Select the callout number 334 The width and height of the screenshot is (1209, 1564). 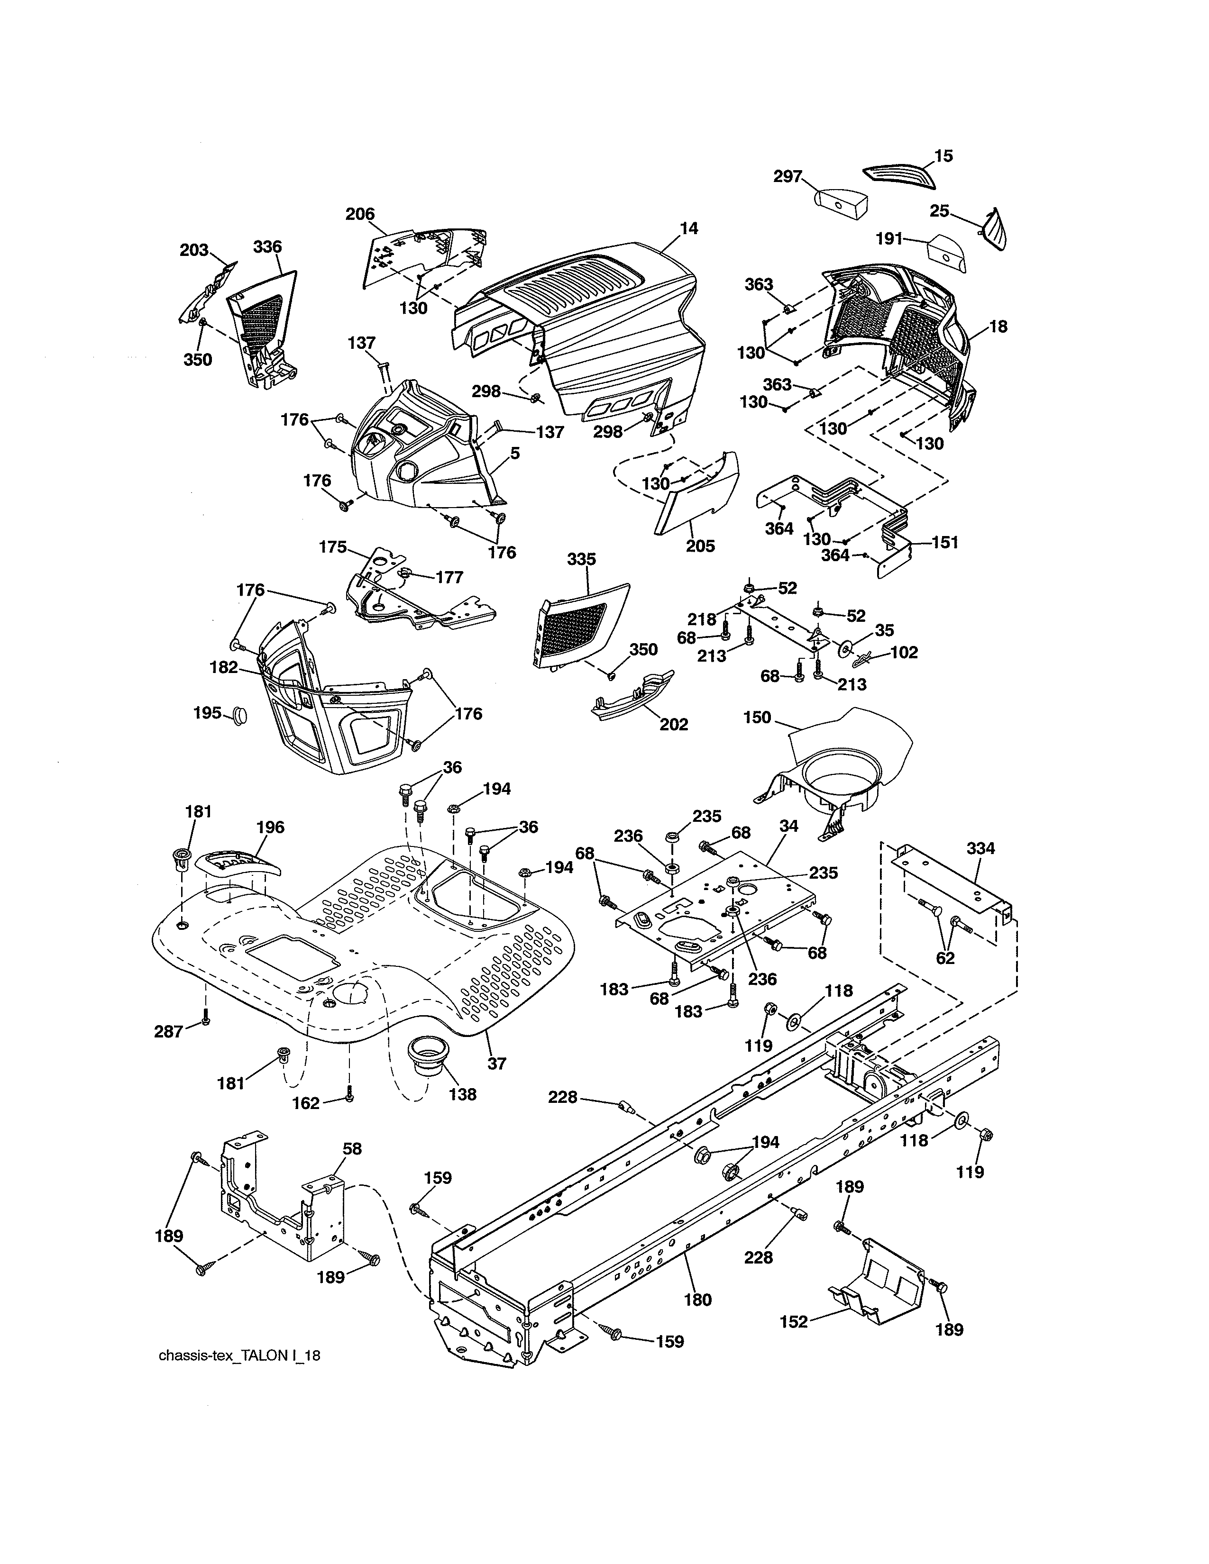click(x=980, y=849)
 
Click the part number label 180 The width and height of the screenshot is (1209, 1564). click(x=697, y=1300)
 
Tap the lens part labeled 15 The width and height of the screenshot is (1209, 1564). click(x=899, y=175)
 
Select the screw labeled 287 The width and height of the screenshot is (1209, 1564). click(x=206, y=1020)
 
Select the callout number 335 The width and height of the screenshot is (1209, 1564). click(x=581, y=559)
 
